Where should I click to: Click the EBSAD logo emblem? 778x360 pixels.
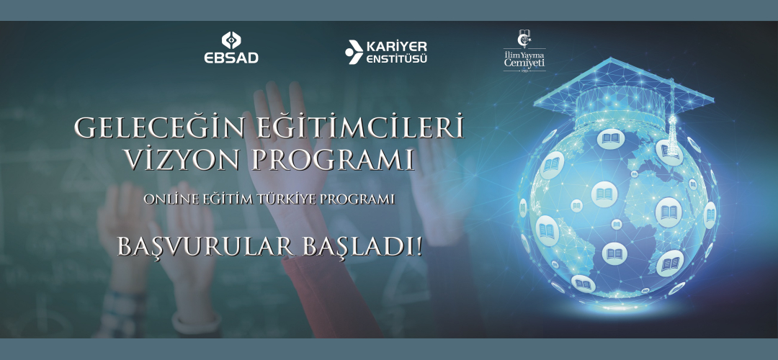[x=231, y=40]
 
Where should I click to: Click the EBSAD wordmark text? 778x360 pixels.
[x=231, y=58]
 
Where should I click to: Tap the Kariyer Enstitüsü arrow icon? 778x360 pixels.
[x=354, y=52]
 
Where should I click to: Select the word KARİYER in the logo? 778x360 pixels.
[x=396, y=47]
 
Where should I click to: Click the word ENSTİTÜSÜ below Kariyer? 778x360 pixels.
[x=396, y=60]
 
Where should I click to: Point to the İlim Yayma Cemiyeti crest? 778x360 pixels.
[x=524, y=38]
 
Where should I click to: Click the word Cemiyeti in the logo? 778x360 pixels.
[x=524, y=63]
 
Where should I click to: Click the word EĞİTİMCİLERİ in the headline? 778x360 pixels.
[x=359, y=128]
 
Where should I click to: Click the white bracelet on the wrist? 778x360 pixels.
[x=197, y=323]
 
